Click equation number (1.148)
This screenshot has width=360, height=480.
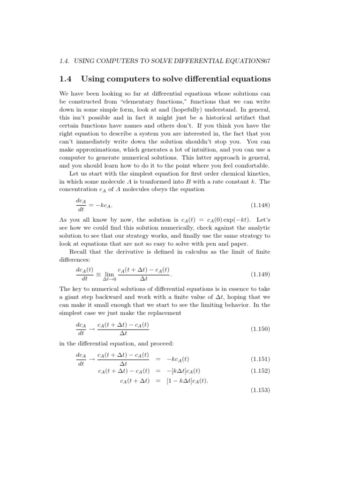[x=261, y=205]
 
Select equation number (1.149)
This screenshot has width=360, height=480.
[x=261, y=274]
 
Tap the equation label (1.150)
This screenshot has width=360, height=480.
[x=261, y=329]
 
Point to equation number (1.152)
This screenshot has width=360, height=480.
[x=261, y=370]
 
